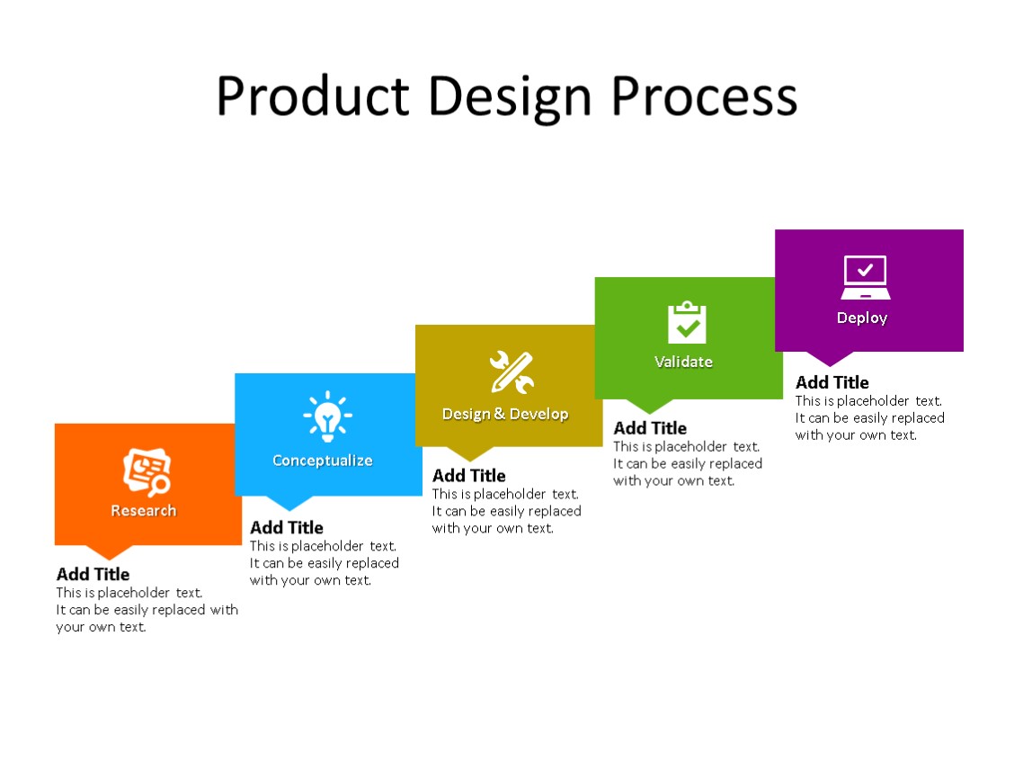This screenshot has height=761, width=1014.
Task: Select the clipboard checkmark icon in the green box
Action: [687, 323]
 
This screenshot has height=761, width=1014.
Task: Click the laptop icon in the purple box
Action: [866, 277]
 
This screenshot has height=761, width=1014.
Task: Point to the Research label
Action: [144, 511]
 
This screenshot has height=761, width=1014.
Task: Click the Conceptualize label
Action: [323, 461]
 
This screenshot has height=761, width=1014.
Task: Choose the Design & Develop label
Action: [505, 414]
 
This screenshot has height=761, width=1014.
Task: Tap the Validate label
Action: [683, 362]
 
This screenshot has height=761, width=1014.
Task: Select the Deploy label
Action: [862, 318]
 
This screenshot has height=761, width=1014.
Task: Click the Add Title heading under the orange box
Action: [93, 574]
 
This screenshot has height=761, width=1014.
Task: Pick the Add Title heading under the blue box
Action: [287, 527]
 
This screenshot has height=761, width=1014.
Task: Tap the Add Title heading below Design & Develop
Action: [469, 476]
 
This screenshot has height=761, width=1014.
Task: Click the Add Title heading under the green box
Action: [650, 428]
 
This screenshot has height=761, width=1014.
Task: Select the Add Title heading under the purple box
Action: [832, 382]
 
